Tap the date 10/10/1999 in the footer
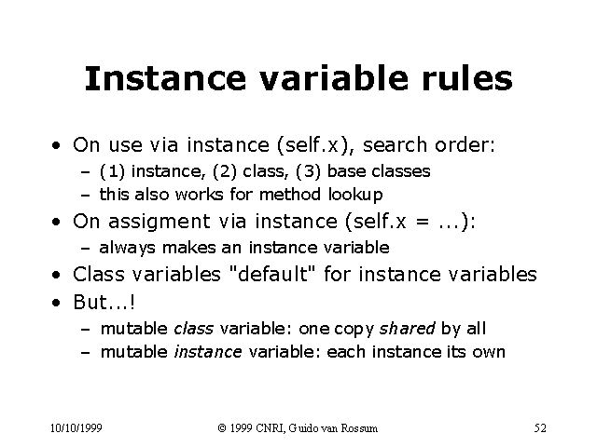(x=76, y=427)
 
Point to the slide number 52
(x=540, y=427)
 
